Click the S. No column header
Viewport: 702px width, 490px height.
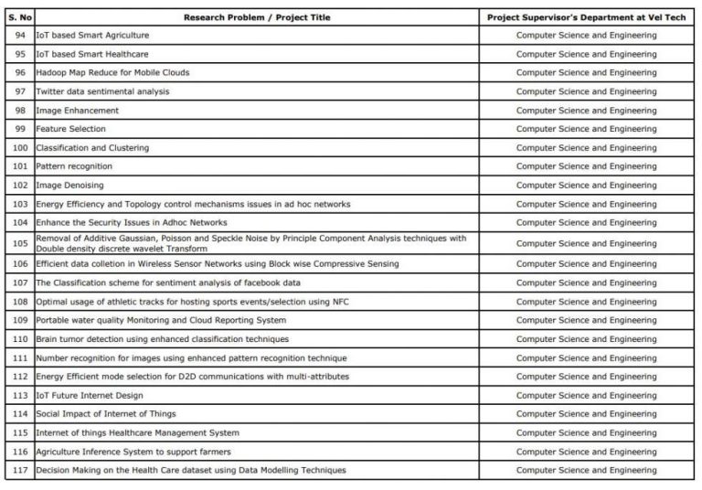19,17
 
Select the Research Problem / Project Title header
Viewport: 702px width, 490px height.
257,17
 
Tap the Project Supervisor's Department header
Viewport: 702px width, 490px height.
586,17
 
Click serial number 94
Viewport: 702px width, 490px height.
20,35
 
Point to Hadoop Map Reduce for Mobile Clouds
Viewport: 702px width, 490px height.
112,72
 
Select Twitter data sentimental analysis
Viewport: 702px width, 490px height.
102,91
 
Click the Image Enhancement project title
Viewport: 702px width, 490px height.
77,111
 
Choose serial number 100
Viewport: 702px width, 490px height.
20,148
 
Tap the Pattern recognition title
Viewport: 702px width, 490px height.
74,166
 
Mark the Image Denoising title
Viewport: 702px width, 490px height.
69,186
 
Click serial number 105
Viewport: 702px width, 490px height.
20,243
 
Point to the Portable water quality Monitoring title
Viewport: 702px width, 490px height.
161,320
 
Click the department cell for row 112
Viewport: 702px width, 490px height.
586,377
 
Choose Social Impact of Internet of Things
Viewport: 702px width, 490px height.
106,414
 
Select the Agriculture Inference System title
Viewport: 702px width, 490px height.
133,452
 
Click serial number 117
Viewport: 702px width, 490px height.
20,471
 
